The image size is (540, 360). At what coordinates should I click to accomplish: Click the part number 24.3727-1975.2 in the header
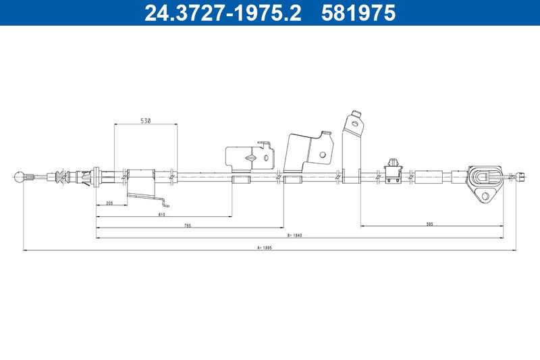[223, 13]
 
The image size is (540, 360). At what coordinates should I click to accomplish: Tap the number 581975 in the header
[358, 13]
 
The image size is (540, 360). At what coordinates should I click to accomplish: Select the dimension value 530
[146, 121]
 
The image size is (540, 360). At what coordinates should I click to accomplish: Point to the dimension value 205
[109, 203]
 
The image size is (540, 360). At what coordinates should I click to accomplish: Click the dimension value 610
[162, 214]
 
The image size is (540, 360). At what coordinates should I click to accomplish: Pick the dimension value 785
[188, 226]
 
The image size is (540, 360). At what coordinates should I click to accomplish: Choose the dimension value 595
[429, 224]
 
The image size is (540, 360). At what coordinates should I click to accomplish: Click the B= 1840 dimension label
[294, 236]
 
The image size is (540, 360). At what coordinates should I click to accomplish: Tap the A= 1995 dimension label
[265, 247]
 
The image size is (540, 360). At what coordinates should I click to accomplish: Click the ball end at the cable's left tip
[20, 177]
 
